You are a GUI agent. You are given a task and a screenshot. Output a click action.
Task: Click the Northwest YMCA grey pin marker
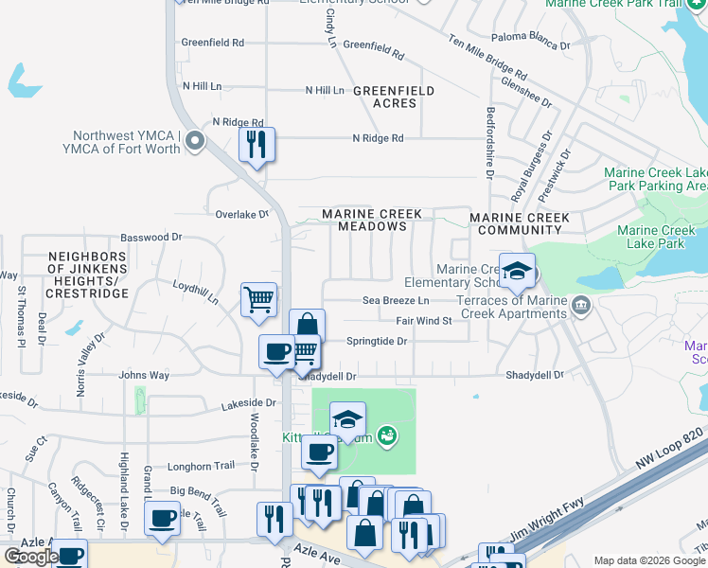(x=195, y=142)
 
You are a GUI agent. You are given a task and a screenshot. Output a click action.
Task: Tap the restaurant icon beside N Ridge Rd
(x=257, y=145)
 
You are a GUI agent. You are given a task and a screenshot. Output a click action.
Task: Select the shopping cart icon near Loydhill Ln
(x=258, y=299)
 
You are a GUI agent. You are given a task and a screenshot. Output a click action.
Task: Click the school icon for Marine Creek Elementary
(x=517, y=271)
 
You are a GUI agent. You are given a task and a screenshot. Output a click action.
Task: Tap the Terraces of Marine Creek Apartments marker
(x=580, y=304)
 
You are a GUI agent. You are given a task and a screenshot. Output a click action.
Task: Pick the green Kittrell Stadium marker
(x=385, y=435)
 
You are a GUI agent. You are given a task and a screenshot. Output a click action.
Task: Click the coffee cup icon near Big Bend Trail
(x=162, y=518)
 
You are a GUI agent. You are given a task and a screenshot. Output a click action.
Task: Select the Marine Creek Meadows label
(x=364, y=221)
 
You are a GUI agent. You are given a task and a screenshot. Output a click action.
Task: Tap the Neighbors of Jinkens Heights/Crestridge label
(x=87, y=275)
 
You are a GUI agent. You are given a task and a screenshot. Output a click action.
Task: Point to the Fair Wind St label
(x=423, y=321)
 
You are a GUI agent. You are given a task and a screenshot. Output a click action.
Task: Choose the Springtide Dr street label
(x=376, y=341)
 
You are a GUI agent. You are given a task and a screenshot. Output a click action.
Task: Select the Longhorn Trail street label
(x=200, y=466)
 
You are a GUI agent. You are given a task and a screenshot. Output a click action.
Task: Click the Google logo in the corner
(x=31, y=557)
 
